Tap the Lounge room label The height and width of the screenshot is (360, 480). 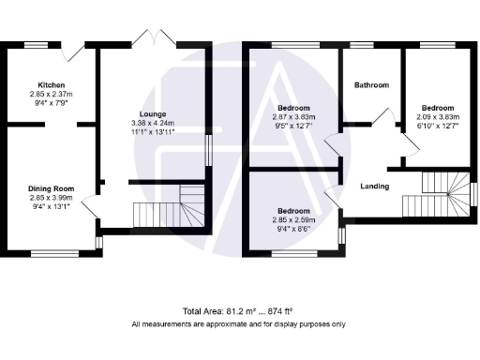coord(153,113)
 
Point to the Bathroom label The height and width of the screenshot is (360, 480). coord(371,85)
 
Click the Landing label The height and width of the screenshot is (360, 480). coord(375,187)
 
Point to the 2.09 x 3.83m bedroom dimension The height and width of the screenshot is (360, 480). coord(436,116)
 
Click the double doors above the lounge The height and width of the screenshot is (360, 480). coord(153,37)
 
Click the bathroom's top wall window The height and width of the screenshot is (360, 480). coord(362,44)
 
